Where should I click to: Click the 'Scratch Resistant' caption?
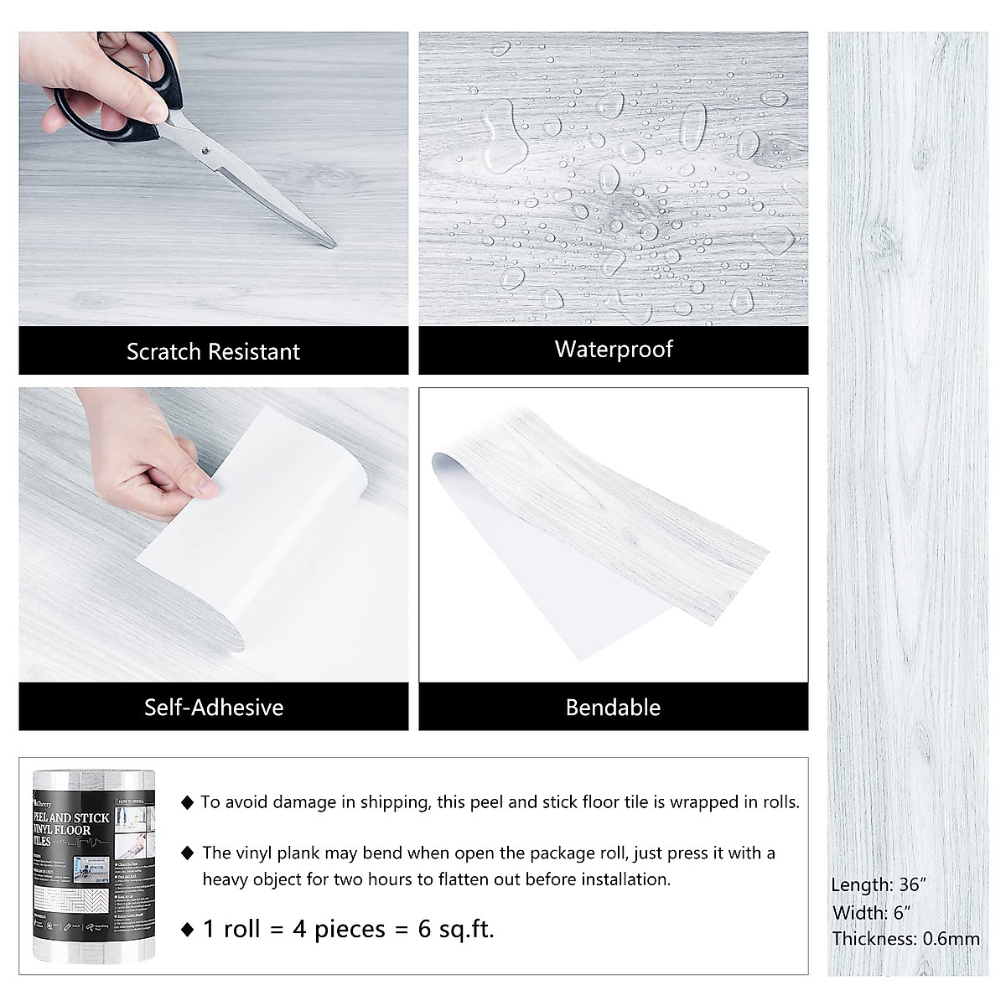click(213, 351)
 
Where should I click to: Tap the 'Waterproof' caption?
click(614, 349)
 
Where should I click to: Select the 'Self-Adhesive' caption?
click(213, 707)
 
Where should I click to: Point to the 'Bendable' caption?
click(613, 707)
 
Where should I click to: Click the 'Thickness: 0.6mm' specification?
click(905, 939)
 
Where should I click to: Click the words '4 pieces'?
click(339, 929)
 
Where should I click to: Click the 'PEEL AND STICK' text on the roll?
click(73, 817)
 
